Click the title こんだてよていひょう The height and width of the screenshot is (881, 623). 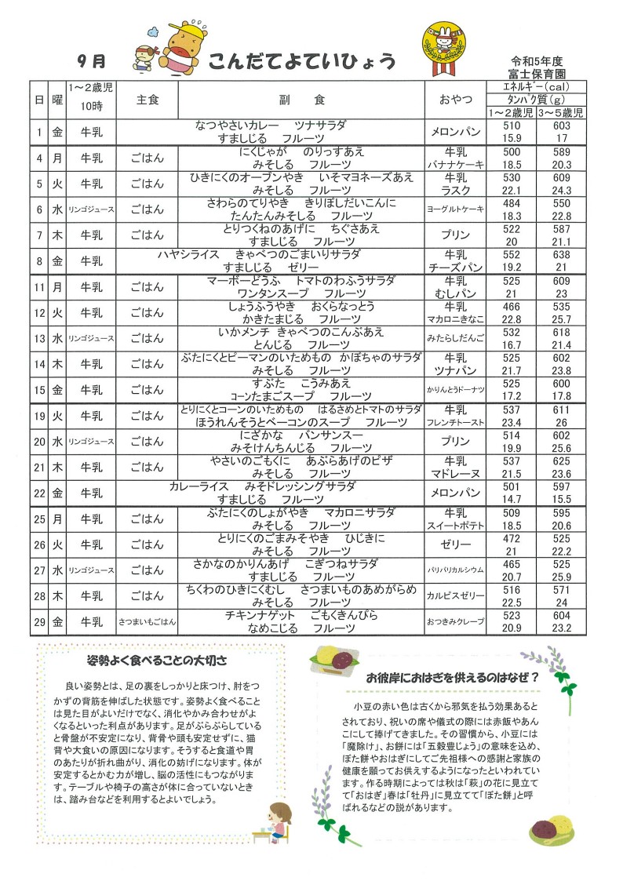pos(302,63)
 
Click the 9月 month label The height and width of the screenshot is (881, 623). pos(91,60)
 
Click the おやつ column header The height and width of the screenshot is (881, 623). pos(456,100)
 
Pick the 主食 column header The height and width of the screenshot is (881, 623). pos(148,100)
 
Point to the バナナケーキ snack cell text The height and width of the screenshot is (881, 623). pos(456,165)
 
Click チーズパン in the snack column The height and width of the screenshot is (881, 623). pos(456,267)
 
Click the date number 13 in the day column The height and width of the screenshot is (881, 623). pos(38,338)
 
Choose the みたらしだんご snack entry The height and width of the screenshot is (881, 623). pos(456,338)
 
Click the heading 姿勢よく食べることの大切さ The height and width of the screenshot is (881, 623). pos(157,660)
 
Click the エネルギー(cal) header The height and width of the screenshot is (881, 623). pos(537,87)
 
